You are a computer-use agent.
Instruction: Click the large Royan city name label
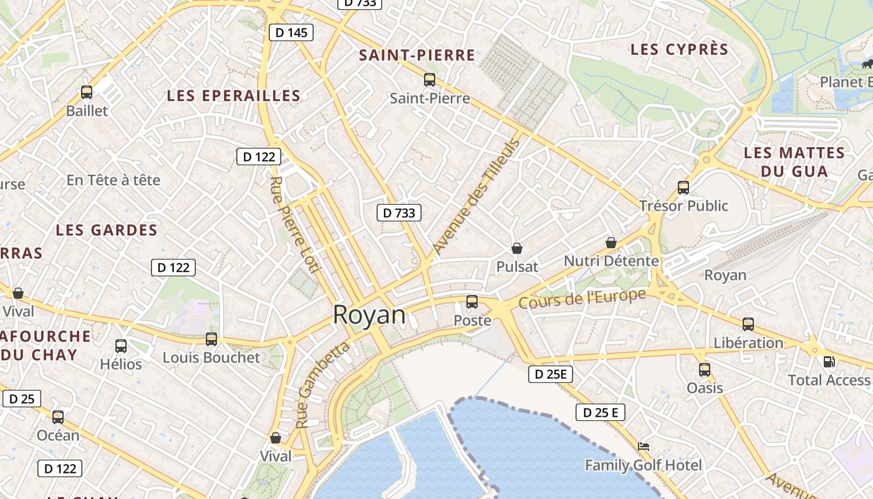click(x=369, y=315)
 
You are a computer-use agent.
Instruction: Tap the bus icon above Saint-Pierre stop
click(x=430, y=79)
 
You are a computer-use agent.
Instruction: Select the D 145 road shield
click(x=291, y=32)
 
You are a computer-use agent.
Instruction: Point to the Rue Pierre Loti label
click(x=294, y=225)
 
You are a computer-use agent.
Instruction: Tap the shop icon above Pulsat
click(x=517, y=248)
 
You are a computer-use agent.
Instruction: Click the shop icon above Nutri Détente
click(x=611, y=242)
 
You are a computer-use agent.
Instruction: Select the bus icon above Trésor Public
click(x=683, y=187)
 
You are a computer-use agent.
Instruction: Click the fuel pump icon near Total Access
click(x=829, y=361)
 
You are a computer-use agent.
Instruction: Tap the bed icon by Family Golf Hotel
click(x=644, y=446)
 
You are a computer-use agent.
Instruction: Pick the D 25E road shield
click(x=551, y=374)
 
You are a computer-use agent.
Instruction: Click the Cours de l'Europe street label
click(x=582, y=299)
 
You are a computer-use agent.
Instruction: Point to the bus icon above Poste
click(x=472, y=302)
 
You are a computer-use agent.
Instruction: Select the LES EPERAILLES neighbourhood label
click(x=234, y=95)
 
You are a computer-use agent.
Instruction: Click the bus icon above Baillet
click(x=87, y=92)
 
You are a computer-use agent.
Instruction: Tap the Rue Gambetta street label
click(x=322, y=385)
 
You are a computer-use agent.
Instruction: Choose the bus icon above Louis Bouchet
click(x=211, y=339)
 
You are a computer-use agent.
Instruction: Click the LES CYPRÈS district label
click(x=679, y=49)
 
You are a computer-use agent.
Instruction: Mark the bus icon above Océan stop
click(x=58, y=417)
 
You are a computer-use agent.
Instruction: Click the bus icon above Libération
click(x=748, y=324)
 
